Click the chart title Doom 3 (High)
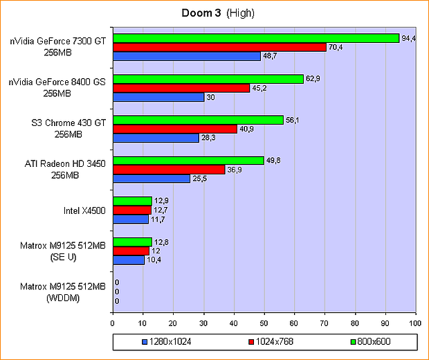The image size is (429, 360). [x=214, y=13]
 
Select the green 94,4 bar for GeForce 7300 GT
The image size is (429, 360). [x=256, y=38]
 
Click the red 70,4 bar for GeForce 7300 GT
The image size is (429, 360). [x=219, y=47]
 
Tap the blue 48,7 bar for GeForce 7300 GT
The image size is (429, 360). [x=187, y=56]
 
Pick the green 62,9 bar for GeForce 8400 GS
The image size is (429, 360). [x=208, y=79]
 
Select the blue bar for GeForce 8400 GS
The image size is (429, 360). [x=158, y=97]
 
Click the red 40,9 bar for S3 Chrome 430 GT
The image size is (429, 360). [x=175, y=129]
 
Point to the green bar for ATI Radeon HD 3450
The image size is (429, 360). [x=188, y=161]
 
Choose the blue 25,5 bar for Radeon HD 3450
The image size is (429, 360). [x=152, y=179]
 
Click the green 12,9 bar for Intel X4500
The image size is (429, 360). [x=132, y=201]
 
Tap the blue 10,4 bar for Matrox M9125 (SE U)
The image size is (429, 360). [x=129, y=260]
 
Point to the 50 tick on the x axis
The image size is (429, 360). [x=264, y=322]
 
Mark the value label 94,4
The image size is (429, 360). [x=409, y=38]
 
